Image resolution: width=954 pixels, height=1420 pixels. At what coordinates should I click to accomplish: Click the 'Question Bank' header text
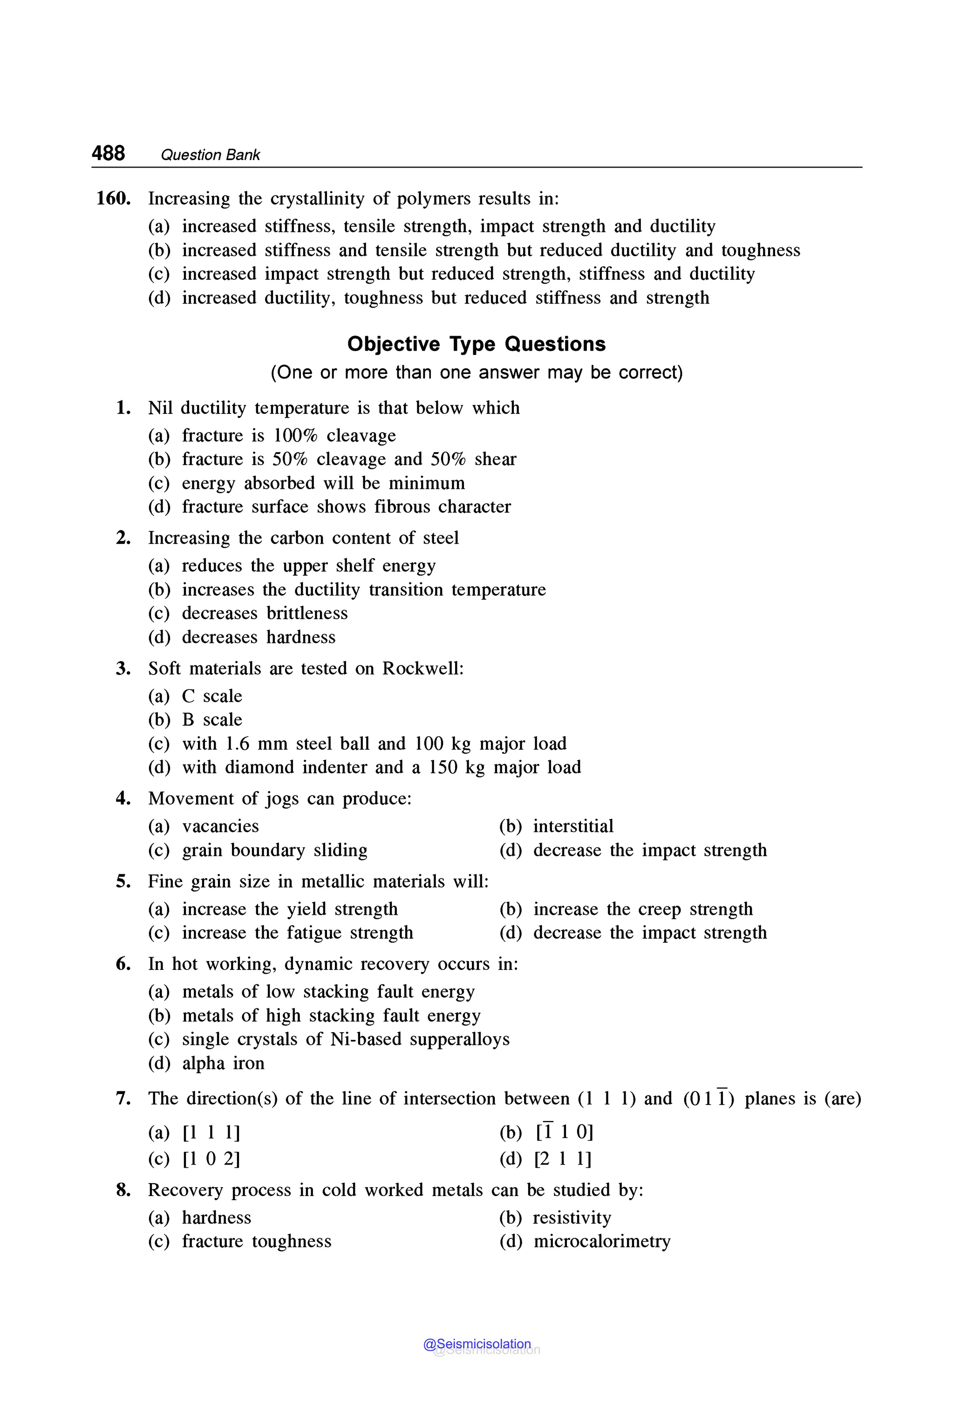[x=210, y=155]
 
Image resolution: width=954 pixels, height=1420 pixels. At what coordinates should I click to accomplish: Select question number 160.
[x=113, y=198]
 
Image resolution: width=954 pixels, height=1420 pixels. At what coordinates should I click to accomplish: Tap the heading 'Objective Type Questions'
[x=477, y=344]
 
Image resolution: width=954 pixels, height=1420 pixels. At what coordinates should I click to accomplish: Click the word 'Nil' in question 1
[x=161, y=408]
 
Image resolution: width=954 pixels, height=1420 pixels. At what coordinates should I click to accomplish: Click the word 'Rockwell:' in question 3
[x=423, y=669]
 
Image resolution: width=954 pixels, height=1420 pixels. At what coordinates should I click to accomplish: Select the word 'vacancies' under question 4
[x=220, y=826]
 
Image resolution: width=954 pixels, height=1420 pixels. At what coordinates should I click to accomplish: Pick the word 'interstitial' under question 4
[x=573, y=826]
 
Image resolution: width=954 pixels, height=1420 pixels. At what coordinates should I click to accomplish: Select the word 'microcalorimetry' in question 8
[x=602, y=1241]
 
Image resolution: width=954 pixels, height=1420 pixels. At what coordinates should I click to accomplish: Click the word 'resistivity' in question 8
[x=572, y=1217]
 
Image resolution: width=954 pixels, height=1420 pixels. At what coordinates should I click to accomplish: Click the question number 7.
[x=123, y=1098]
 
